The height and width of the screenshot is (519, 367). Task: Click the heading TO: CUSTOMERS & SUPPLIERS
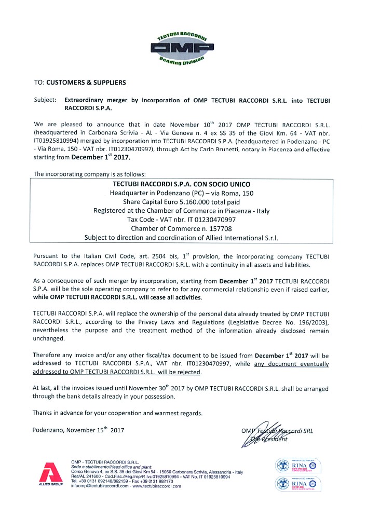coord(79,82)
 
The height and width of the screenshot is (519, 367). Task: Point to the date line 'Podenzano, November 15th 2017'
coord(78,430)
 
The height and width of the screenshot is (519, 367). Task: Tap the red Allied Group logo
coord(47,472)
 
